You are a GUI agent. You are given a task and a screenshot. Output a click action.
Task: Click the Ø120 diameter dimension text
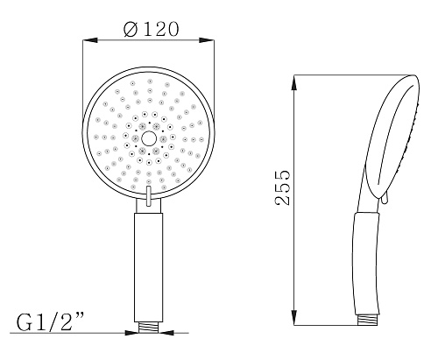pos(151,29)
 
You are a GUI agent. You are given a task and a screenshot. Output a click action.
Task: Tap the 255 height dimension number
pos(283,187)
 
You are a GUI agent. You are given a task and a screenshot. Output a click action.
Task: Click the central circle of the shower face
pos(149,138)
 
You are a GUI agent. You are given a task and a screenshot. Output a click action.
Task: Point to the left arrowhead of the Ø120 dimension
pos(89,40)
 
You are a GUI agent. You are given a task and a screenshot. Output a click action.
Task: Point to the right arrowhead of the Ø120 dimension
pos(207,40)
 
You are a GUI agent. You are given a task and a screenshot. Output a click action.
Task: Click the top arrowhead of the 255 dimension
pos(294,82)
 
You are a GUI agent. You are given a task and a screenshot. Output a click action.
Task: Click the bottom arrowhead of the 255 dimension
pos(294,318)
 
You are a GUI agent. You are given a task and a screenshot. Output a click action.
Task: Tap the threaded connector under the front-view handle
pos(148,328)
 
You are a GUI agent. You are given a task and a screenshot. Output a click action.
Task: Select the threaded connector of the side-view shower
pos(369,321)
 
